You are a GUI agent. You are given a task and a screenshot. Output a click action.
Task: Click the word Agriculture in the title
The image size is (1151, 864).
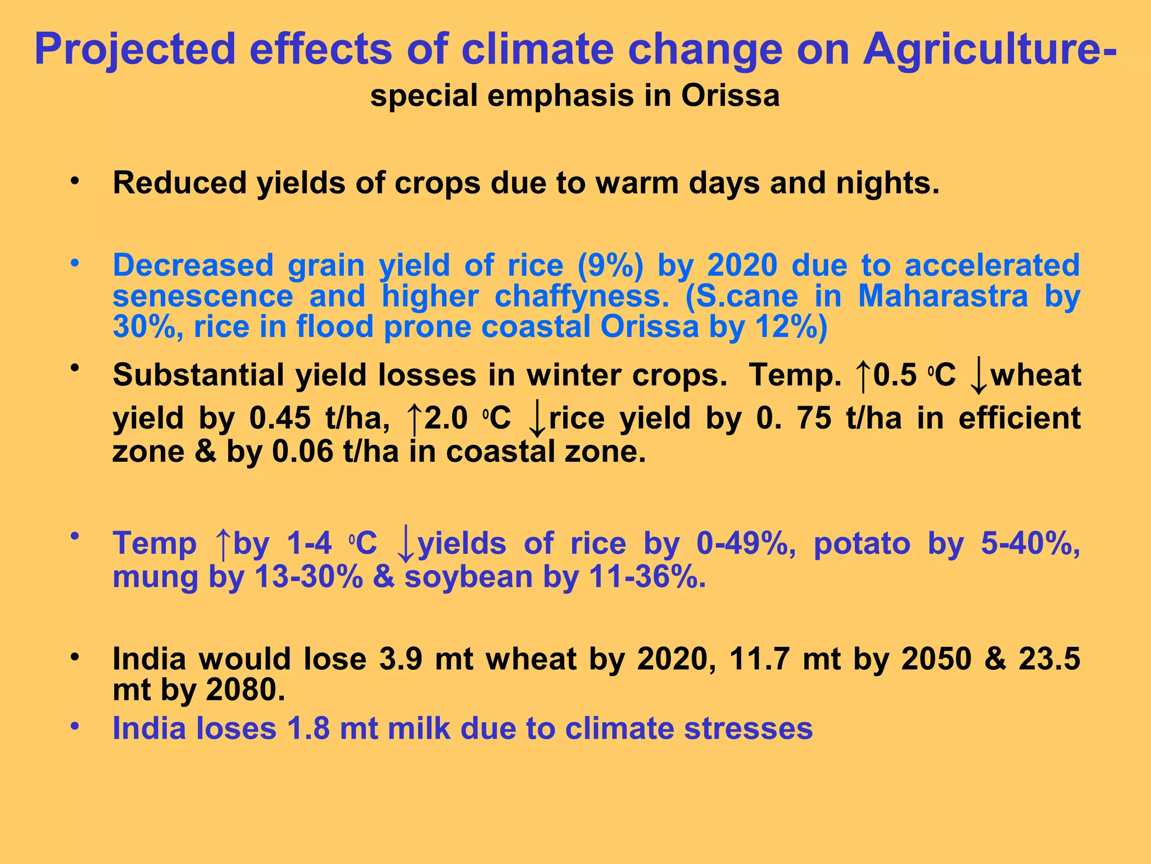coord(982,49)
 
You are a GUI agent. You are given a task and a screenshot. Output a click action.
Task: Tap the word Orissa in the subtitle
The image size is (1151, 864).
coord(730,96)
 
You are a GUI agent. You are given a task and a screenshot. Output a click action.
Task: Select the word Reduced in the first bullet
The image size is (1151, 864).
coord(180,183)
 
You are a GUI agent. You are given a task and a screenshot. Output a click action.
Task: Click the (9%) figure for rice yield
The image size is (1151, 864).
coord(610,265)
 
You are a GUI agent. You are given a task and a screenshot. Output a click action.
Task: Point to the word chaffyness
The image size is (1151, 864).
coord(582,296)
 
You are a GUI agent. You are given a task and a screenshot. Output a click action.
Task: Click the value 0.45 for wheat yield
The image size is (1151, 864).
coord(279,418)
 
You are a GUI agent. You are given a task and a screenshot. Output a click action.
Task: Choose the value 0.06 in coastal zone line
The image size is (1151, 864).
coord(302,451)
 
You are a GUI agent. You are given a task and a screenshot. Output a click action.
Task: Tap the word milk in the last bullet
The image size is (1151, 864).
coord(419,728)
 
